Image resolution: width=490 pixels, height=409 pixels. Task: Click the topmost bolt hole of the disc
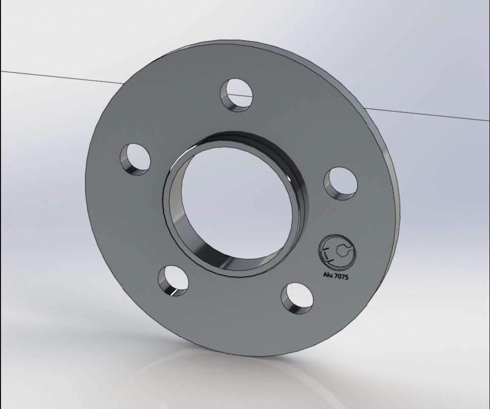click(x=236, y=95)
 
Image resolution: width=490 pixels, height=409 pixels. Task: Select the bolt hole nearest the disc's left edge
click(x=135, y=159)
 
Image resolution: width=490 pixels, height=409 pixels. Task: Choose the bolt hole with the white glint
click(x=173, y=280)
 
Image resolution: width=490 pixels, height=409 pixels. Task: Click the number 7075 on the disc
click(x=341, y=276)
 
